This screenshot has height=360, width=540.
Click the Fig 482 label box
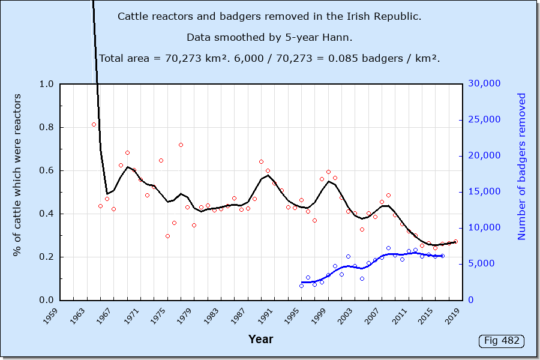tap(502, 341)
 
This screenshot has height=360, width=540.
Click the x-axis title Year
tap(260, 340)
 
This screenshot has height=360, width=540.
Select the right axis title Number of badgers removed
tap(521, 166)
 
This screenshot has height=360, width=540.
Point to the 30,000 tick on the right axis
tap(483, 84)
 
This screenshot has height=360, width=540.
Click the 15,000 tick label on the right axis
tap(483, 192)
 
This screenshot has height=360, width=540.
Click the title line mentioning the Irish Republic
tap(269, 16)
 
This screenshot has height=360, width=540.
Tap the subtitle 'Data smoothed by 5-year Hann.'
tap(269, 37)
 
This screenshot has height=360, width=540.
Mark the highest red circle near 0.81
tap(94, 124)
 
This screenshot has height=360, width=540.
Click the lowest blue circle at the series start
tap(301, 286)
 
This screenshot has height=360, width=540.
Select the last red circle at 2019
tap(455, 241)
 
